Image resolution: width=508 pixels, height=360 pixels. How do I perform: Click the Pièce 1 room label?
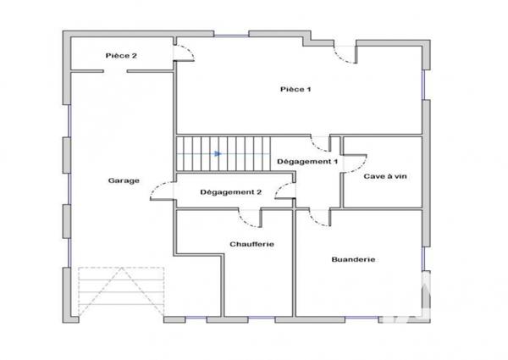click(x=297, y=89)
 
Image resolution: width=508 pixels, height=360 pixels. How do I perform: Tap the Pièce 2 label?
click(x=121, y=55)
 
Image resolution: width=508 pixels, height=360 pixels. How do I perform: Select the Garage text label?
click(x=124, y=180)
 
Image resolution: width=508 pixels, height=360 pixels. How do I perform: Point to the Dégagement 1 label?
click(x=307, y=161)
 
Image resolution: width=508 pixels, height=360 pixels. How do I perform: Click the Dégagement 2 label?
click(x=230, y=192)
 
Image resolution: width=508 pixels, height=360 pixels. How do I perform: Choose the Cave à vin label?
click(x=385, y=176)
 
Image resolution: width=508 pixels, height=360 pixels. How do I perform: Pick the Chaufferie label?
click(x=251, y=244)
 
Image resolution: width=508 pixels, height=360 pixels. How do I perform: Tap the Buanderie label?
click(x=353, y=259)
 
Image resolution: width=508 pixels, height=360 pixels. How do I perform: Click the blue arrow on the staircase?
click(x=218, y=154)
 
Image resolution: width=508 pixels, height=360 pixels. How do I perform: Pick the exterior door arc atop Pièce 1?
click(x=345, y=55)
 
